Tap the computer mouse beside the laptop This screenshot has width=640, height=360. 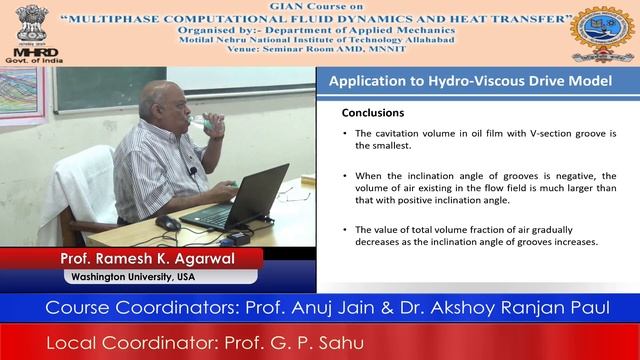pos(168,222)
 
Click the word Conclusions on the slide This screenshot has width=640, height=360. pos(373,113)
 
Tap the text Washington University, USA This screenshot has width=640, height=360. pos(131,276)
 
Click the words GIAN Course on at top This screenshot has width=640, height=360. pos(320,6)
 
